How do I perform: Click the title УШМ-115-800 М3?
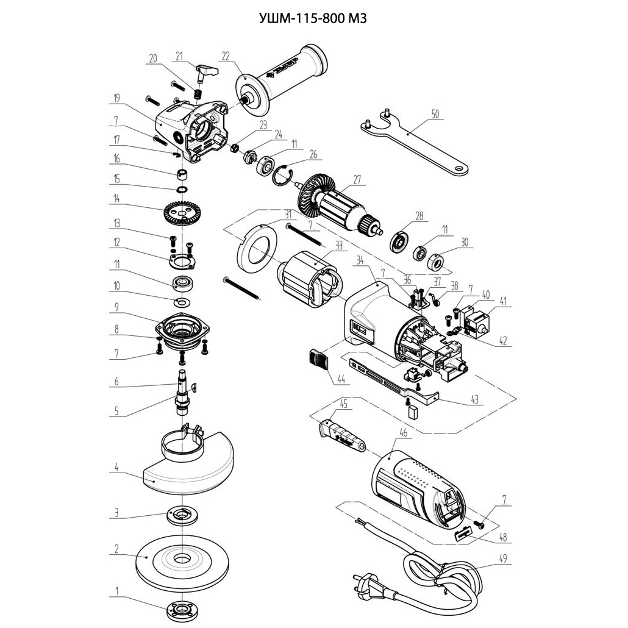[313, 18]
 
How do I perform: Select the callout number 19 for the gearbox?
[116, 97]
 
